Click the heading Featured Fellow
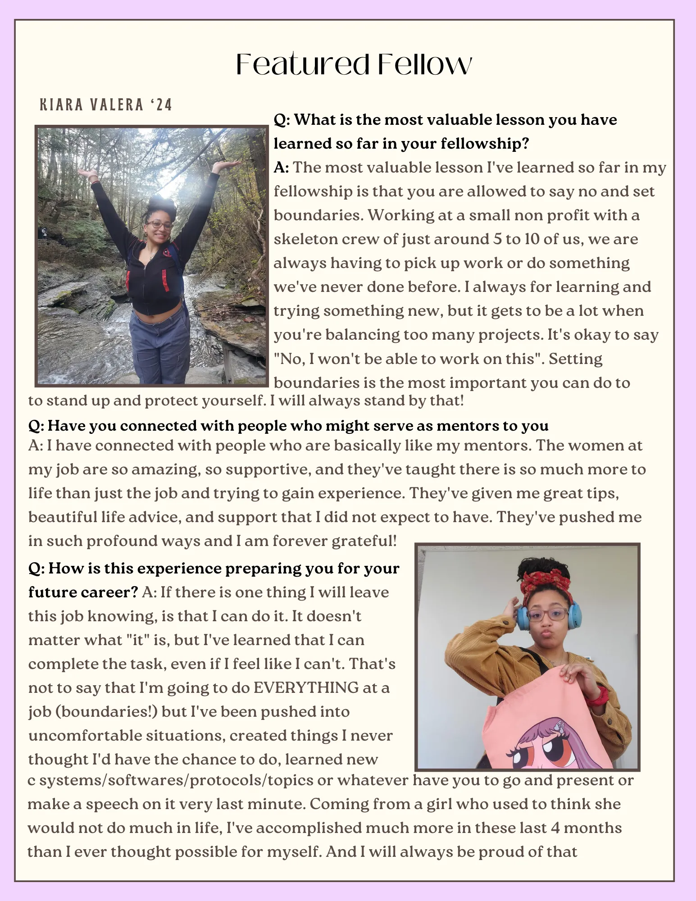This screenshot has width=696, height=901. tap(354, 64)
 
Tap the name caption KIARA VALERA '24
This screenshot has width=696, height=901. tap(106, 105)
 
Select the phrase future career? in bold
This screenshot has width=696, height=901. tap(83, 592)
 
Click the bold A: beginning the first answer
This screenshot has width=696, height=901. tap(281, 168)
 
